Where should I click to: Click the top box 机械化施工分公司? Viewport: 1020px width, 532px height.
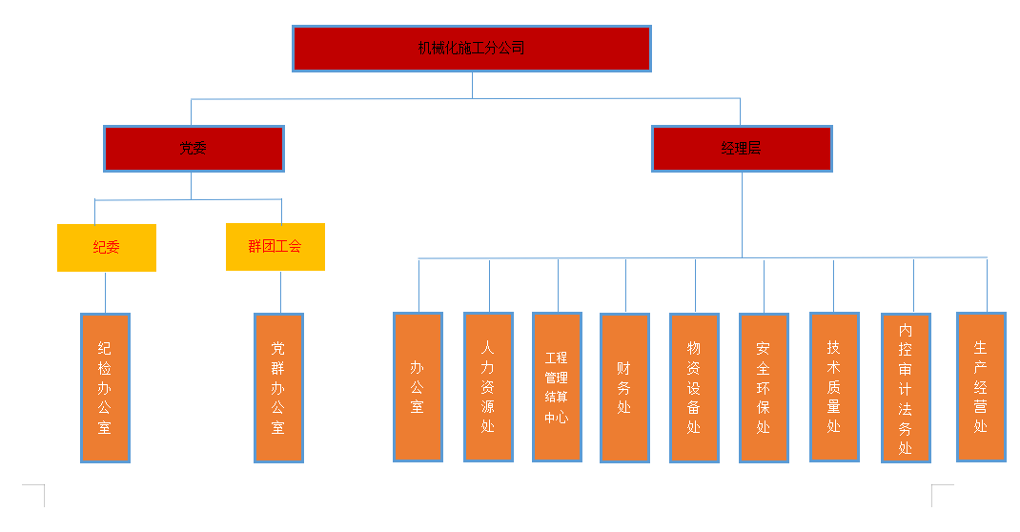pos(472,49)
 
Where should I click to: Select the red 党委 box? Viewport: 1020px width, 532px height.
pos(194,149)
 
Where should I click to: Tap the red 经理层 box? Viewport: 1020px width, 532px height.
pos(742,149)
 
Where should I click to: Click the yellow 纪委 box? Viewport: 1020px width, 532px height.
pos(106,248)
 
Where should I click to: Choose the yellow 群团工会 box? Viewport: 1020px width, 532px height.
pos(275,247)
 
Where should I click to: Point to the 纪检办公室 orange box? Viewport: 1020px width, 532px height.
pos(105,388)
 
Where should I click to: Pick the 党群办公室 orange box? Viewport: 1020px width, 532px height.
pos(278,388)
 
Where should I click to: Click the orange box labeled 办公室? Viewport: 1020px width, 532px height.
pos(418,387)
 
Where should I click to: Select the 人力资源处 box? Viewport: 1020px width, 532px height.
pos(488,387)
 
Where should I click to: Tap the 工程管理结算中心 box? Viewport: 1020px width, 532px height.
pos(557,387)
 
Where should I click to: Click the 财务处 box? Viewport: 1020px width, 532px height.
pos(624,388)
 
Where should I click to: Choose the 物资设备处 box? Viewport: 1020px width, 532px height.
pos(694,388)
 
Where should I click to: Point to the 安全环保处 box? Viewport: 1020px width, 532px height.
pos(764,388)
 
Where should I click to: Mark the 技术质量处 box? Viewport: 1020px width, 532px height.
pos(834,387)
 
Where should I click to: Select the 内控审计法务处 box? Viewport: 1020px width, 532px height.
pos(906,388)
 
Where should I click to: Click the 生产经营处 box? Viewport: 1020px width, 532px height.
pos(981,387)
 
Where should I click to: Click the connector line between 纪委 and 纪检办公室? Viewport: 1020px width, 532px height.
pos(105,293)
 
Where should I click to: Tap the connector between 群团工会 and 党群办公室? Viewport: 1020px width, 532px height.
pos(280,292)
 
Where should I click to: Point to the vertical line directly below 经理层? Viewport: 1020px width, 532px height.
pos(742,215)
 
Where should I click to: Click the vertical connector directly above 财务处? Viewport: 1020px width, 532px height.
pos(625,286)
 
